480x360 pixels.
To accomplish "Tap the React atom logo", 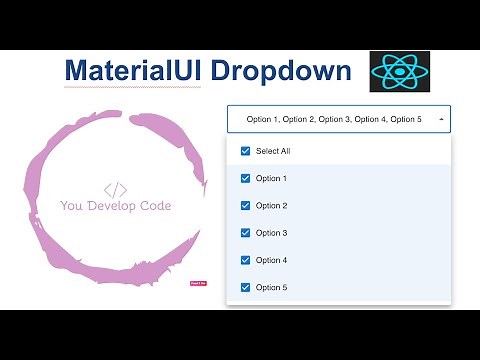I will click(x=401, y=73).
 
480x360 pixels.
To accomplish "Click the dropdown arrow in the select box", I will click(x=441, y=119).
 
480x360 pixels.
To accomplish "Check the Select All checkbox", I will click(x=245, y=151).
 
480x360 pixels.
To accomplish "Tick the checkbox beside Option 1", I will click(x=245, y=178).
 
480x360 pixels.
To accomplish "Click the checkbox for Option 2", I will click(x=245, y=205).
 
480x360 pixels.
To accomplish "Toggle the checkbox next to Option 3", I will click(x=245, y=233).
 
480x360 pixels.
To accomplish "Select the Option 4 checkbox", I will click(x=245, y=260).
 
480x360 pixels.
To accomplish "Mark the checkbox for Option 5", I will click(x=245, y=287).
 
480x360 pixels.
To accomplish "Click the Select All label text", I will click(x=273, y=151).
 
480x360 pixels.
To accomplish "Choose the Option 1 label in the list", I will click(x=271, y=178).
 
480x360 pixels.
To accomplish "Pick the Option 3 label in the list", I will click(x=271, y=233).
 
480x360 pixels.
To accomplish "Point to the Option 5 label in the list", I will click(x=271, y=287).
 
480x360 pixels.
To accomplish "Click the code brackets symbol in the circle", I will click(x=115, y=189).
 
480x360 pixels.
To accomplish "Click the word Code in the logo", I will click(x=155, y=206).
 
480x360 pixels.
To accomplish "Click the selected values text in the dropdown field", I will click(x=335, y=119).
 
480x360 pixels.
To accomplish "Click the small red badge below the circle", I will click(x=197, y=283).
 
